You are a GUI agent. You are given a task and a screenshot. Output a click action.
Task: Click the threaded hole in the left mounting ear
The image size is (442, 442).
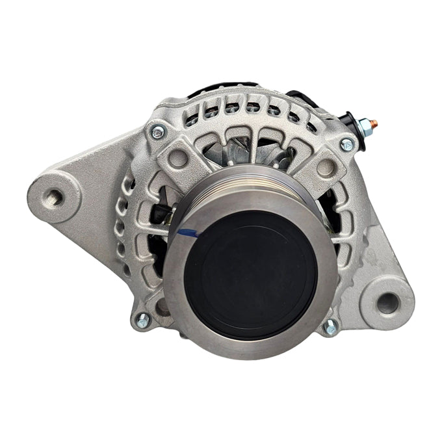pyautogui.click(x=55, y=196)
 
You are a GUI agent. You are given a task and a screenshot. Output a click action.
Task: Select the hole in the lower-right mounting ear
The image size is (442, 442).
pyautogui.click(x=388, y=302)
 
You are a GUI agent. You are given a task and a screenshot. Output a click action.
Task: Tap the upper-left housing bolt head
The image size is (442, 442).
pyautogui.click(x=157, y=133)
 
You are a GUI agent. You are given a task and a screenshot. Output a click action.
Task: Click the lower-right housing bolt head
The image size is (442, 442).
pyautogui.click(x=330, y=327)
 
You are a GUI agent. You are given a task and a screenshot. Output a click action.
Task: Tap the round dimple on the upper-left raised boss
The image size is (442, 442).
pyautogui.click(x=177, y=158)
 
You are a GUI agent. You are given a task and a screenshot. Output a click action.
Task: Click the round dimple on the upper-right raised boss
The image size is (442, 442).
pyautogui.click(x=326, y=167)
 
